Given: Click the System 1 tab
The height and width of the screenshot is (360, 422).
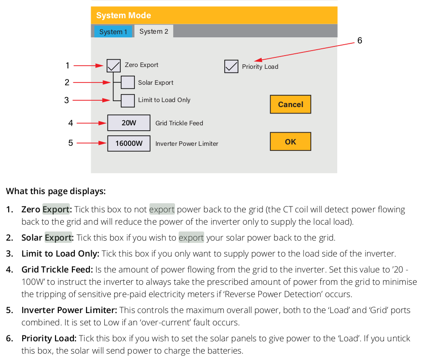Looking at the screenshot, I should tap(113, 31).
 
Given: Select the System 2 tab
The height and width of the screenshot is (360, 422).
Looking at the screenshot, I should tap(154, 31).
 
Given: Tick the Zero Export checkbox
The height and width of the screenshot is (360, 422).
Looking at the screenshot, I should tap(113, 66).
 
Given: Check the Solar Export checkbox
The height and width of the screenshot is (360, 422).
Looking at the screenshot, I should tap(128, 82).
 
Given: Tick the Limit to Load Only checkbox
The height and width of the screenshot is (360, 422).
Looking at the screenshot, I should tap(128, 100).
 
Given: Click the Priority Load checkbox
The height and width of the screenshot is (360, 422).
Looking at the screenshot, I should tap(231, 67).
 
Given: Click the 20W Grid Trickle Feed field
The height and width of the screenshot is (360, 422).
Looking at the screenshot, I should tap(129, 123).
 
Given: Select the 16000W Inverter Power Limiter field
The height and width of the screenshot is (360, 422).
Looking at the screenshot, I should tap(129, 144).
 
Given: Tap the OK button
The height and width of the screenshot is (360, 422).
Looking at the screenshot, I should tap(290, 142).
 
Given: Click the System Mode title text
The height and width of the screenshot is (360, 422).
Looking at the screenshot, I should tap(124, 15).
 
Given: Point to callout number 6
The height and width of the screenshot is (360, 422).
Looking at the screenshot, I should tap(360, 41).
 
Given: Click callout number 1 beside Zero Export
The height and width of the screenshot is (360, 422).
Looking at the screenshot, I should tap(67, 66).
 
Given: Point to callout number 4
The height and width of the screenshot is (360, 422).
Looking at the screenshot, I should tap(71, 123).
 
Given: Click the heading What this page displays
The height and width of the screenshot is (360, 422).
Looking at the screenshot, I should tap(56, 191).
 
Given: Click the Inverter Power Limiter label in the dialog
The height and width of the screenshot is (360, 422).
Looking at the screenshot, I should tap(187, 144).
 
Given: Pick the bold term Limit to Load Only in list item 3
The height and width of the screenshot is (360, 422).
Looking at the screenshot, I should tap(60, 253).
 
